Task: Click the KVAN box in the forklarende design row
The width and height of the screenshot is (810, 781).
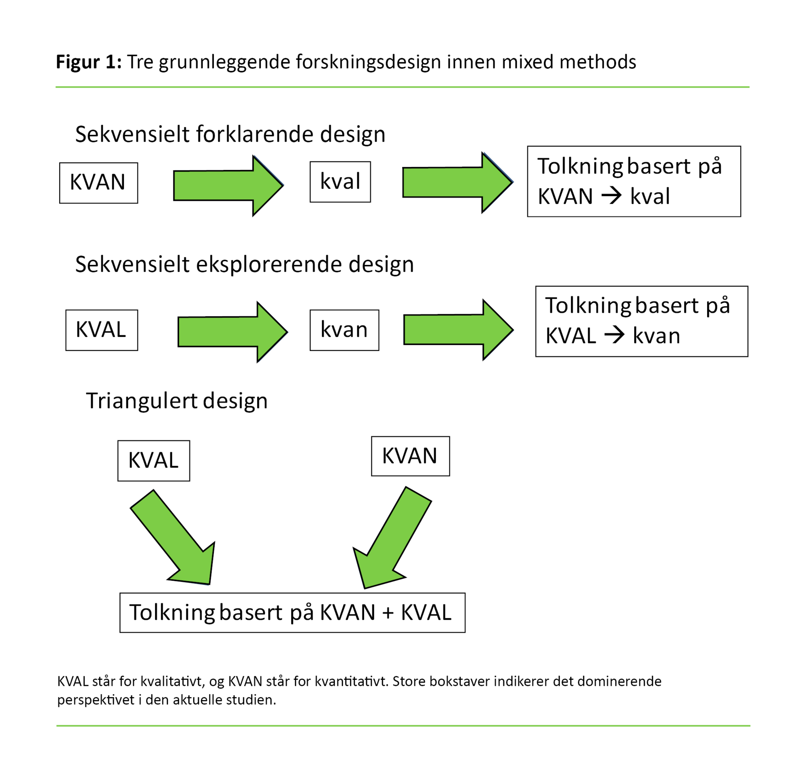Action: tap(98, 183)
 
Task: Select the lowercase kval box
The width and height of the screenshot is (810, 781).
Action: tap(340, 182)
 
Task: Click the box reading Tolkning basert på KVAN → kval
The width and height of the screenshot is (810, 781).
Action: tap(633, 181)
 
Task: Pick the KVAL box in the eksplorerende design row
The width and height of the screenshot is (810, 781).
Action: tap(102, 330)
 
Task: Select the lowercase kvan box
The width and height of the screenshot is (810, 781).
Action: tap(344, 330)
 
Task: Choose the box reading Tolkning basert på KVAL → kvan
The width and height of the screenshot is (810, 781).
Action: tap(642, 321)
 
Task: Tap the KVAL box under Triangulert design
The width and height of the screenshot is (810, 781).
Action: tap(154, 461)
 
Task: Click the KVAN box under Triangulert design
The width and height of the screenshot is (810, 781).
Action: tap(410, 456)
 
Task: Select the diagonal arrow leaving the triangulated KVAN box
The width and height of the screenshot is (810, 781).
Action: tap(392, 537)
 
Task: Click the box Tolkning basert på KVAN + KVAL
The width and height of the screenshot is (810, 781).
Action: tap(292, 613)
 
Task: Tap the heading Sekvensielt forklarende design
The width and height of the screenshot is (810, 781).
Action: tap(230, 134)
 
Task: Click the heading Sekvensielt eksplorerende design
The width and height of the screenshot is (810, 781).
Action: tap(244, 264)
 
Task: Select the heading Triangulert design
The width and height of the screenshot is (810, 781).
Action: tap(177, 401)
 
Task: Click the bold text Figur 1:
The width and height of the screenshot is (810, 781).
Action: tap(89, 62)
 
